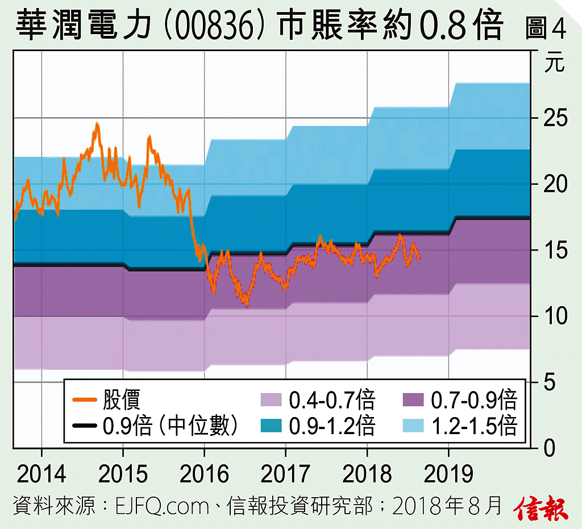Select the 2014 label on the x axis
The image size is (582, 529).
coord(41,474)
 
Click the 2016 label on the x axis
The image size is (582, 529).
coord(204,474)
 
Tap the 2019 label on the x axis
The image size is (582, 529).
coord(448,474)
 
